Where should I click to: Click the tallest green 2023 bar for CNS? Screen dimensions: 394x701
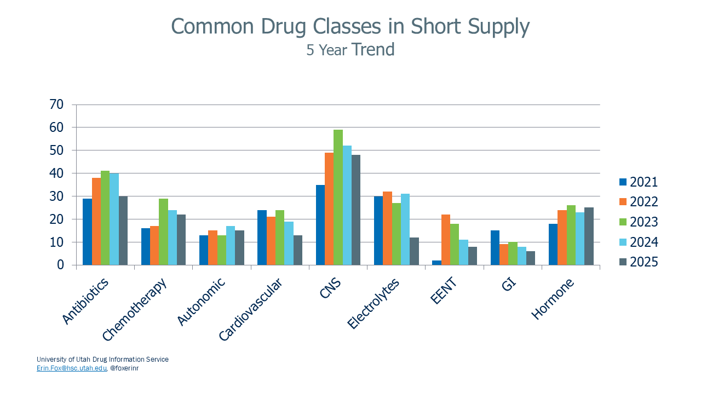coord(338,197)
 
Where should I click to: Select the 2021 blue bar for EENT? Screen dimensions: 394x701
coord(437,263)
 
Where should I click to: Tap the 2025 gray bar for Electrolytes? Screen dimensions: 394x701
coord(414,251)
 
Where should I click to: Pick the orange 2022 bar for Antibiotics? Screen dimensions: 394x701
coord(96,221)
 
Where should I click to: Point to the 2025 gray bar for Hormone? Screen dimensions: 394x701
coord(589,236)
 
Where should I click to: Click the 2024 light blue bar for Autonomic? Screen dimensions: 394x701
coord(231,246)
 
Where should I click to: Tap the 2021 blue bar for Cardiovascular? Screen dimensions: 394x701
coord(262,237)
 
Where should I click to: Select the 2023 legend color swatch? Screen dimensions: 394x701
coord(623,222)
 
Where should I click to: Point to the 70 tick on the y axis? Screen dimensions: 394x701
coord(56,105)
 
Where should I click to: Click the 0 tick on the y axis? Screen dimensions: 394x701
coord(60,265)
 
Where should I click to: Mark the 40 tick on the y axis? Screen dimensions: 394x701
coord(56,173)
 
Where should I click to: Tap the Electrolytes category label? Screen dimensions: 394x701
coord(375,304)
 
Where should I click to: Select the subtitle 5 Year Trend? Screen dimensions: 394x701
coord(350,50)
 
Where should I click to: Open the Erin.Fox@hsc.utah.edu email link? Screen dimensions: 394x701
coord(71,368)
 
